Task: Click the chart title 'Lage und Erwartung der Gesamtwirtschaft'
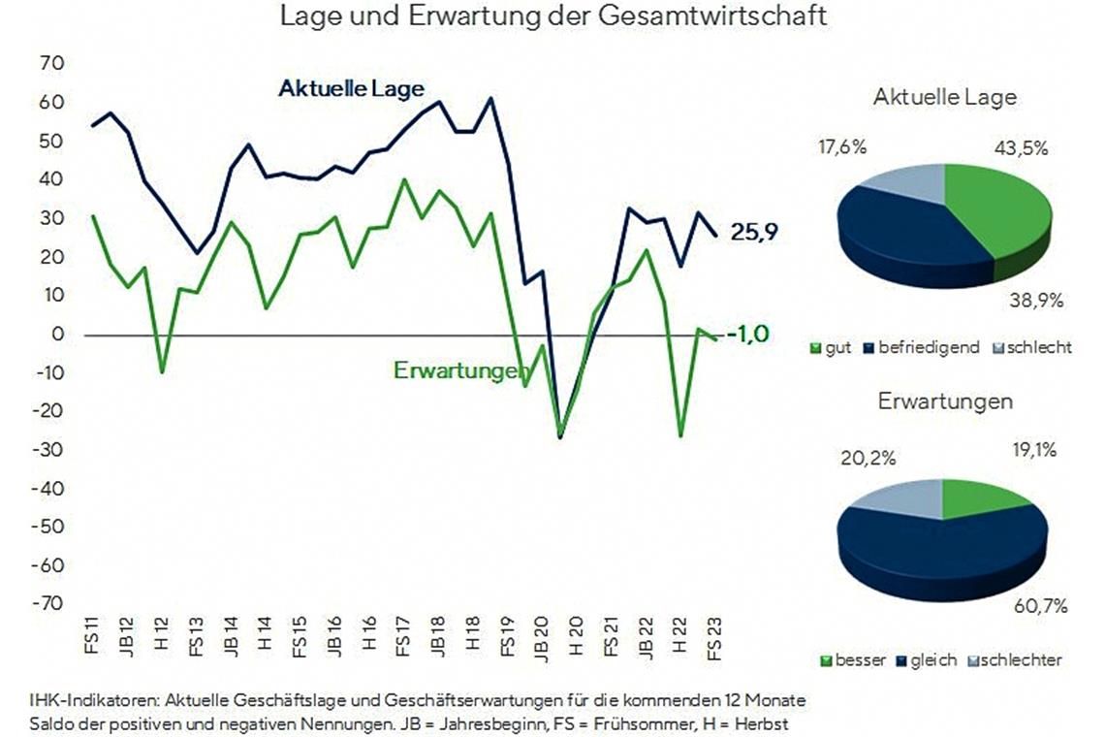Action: pyautogui.click(x=553, y=17)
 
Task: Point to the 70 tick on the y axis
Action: pyautogui.click(x=50, y=64)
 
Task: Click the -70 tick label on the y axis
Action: pyautogui.click(x=48, y=604)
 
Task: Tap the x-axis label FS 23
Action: pyautogui.click(x=714, y=637)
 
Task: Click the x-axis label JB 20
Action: pyautogui.click(x=541, y=637)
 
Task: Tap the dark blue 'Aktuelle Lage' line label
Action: pyautogui.click(x=351, y=89)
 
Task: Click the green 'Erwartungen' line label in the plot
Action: pyautogui.click(x=460, y=370)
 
